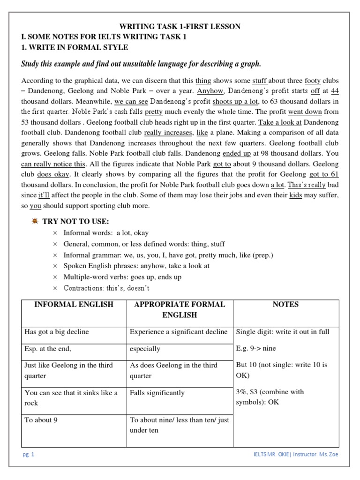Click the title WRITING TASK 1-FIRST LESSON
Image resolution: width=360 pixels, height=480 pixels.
point(180,27)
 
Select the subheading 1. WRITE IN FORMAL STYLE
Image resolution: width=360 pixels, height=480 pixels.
point(75,47)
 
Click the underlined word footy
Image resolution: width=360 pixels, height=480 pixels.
point(313,81)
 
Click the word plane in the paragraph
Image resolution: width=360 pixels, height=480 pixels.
point(220,133)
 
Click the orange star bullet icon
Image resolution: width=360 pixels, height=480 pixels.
point(34,221)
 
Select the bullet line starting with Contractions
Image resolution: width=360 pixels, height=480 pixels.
point(106,288)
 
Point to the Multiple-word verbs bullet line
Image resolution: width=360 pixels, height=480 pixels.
point(122,277)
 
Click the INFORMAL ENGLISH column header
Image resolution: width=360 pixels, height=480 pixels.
point(74,305)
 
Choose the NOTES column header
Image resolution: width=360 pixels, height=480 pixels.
point(285,305)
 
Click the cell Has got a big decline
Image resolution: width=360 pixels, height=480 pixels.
point(57,332)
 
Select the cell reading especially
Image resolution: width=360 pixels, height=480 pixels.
point(145,349)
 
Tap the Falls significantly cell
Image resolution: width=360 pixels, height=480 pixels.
point(157,393)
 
